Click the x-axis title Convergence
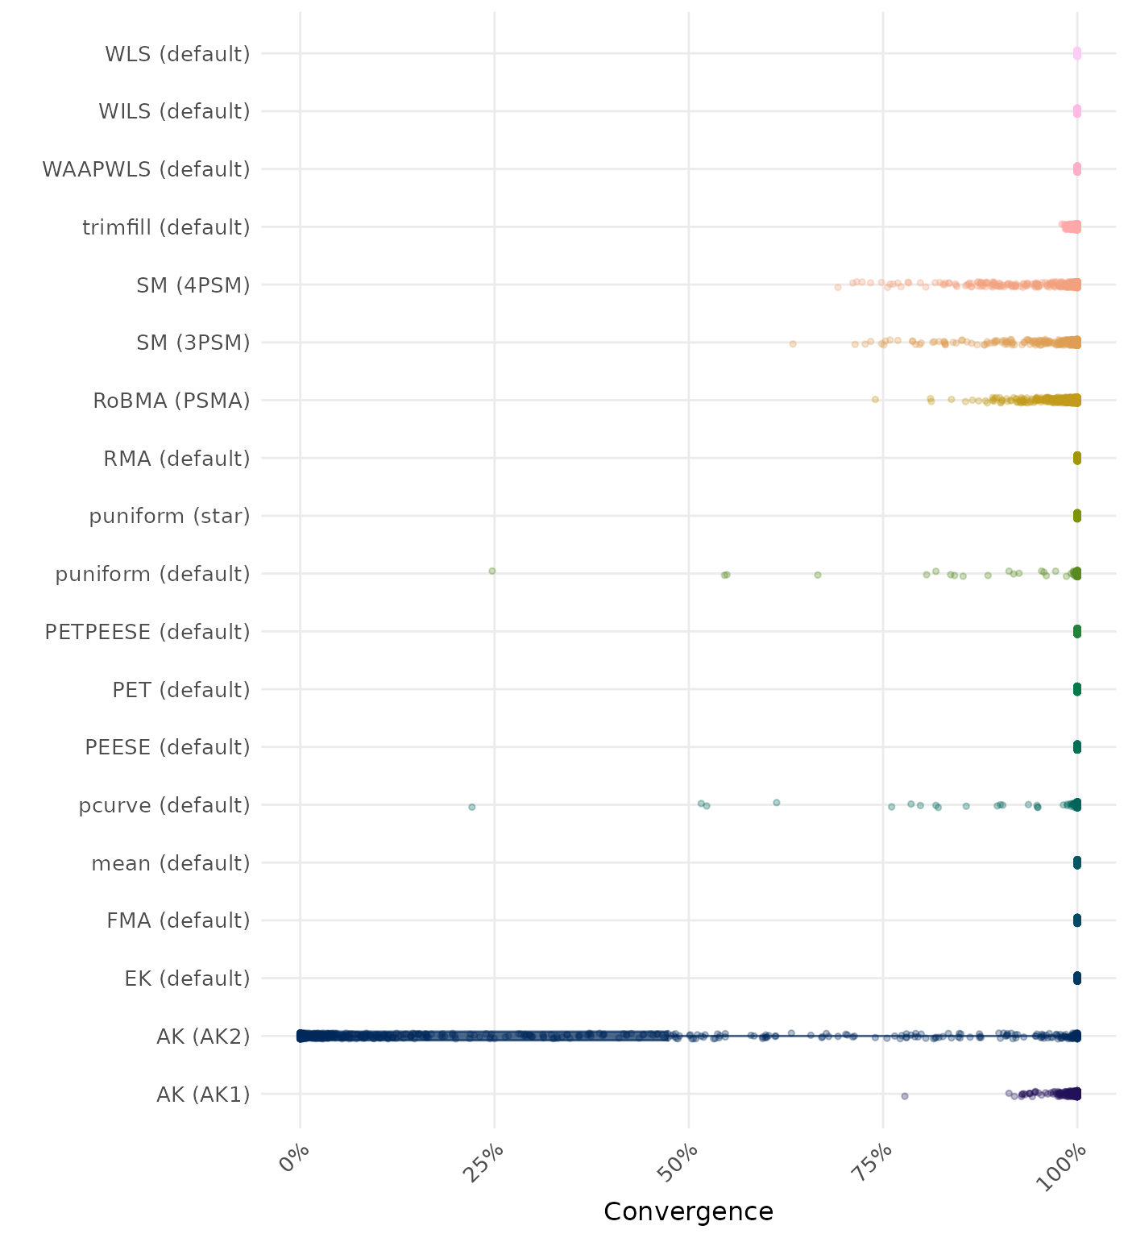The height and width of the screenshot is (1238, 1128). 688,1211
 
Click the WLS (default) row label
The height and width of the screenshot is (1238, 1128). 177,54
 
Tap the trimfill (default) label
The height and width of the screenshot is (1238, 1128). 166,227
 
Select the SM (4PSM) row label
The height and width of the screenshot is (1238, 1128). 193,285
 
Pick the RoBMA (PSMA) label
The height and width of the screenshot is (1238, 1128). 172,401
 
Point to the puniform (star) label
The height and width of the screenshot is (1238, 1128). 169,516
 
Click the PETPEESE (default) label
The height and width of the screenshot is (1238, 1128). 147,632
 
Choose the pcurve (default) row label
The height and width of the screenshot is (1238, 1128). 164,805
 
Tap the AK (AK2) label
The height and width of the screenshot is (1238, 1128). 203,1037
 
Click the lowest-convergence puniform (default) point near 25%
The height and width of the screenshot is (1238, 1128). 492,571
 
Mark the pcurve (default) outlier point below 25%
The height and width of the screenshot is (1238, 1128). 472,807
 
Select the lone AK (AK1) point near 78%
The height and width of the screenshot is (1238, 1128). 905,1096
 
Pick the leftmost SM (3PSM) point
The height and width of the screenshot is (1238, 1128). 793,344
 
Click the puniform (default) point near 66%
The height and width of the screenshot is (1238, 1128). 818,575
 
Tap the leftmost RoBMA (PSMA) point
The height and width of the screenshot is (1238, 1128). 876,400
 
